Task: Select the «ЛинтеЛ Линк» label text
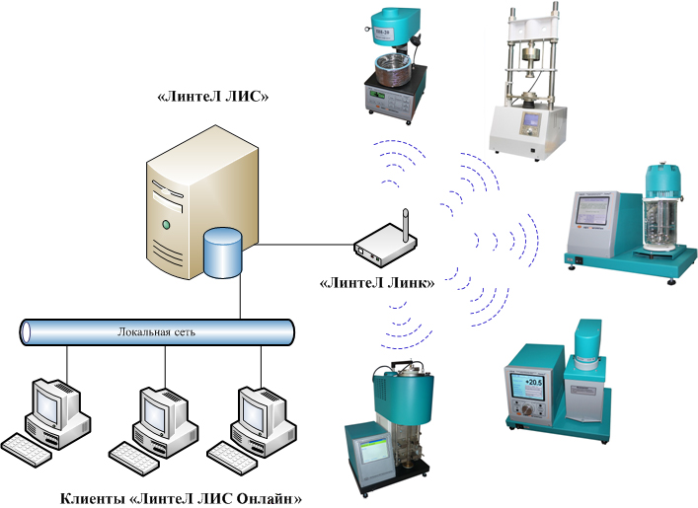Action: tap(376, 283)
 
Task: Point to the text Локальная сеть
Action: tap(156, 331)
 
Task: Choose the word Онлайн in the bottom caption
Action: tap(268, 497)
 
